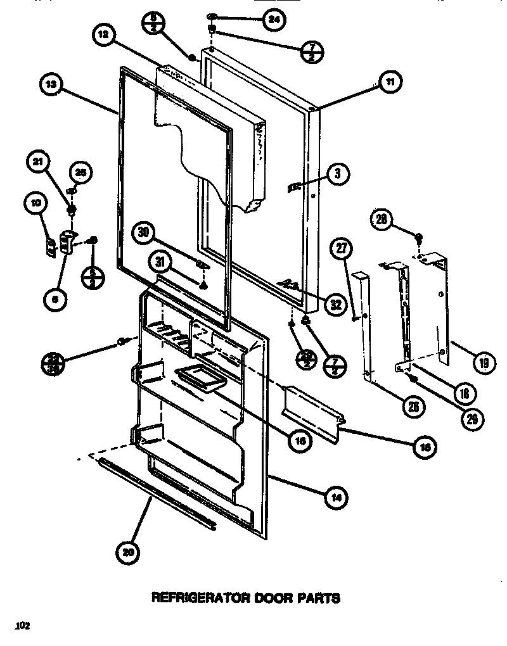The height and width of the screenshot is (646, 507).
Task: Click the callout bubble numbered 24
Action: point(273,20)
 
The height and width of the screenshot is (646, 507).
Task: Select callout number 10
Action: point(35,204)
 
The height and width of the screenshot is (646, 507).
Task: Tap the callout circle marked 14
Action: point(337,497)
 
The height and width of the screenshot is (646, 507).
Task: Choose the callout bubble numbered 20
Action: point(129,552)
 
